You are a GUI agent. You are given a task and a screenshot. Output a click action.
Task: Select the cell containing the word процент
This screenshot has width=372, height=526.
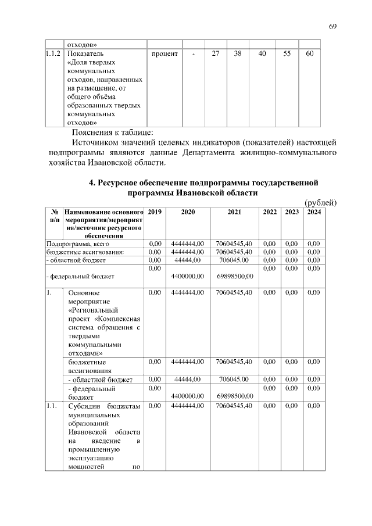(164, 53)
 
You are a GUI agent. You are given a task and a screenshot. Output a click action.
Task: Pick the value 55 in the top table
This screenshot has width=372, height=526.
(287, 53)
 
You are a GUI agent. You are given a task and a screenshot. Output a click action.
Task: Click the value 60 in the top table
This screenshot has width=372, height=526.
(309, 53)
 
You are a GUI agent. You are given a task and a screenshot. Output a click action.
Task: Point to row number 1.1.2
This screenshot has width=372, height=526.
(53, 53)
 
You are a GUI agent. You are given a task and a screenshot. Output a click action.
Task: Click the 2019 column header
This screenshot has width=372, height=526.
(155, 213)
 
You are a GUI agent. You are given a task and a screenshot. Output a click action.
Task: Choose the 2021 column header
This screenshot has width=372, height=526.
(234, 213)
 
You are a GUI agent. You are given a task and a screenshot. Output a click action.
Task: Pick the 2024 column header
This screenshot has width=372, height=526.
(314, 213)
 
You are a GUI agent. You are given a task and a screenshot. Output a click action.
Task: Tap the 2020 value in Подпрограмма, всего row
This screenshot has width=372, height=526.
(187, 244)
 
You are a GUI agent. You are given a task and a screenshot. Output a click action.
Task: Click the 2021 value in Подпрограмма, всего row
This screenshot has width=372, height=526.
(234, 244)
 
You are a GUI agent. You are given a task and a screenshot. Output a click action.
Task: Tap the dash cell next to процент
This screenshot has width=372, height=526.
(192, 53)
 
